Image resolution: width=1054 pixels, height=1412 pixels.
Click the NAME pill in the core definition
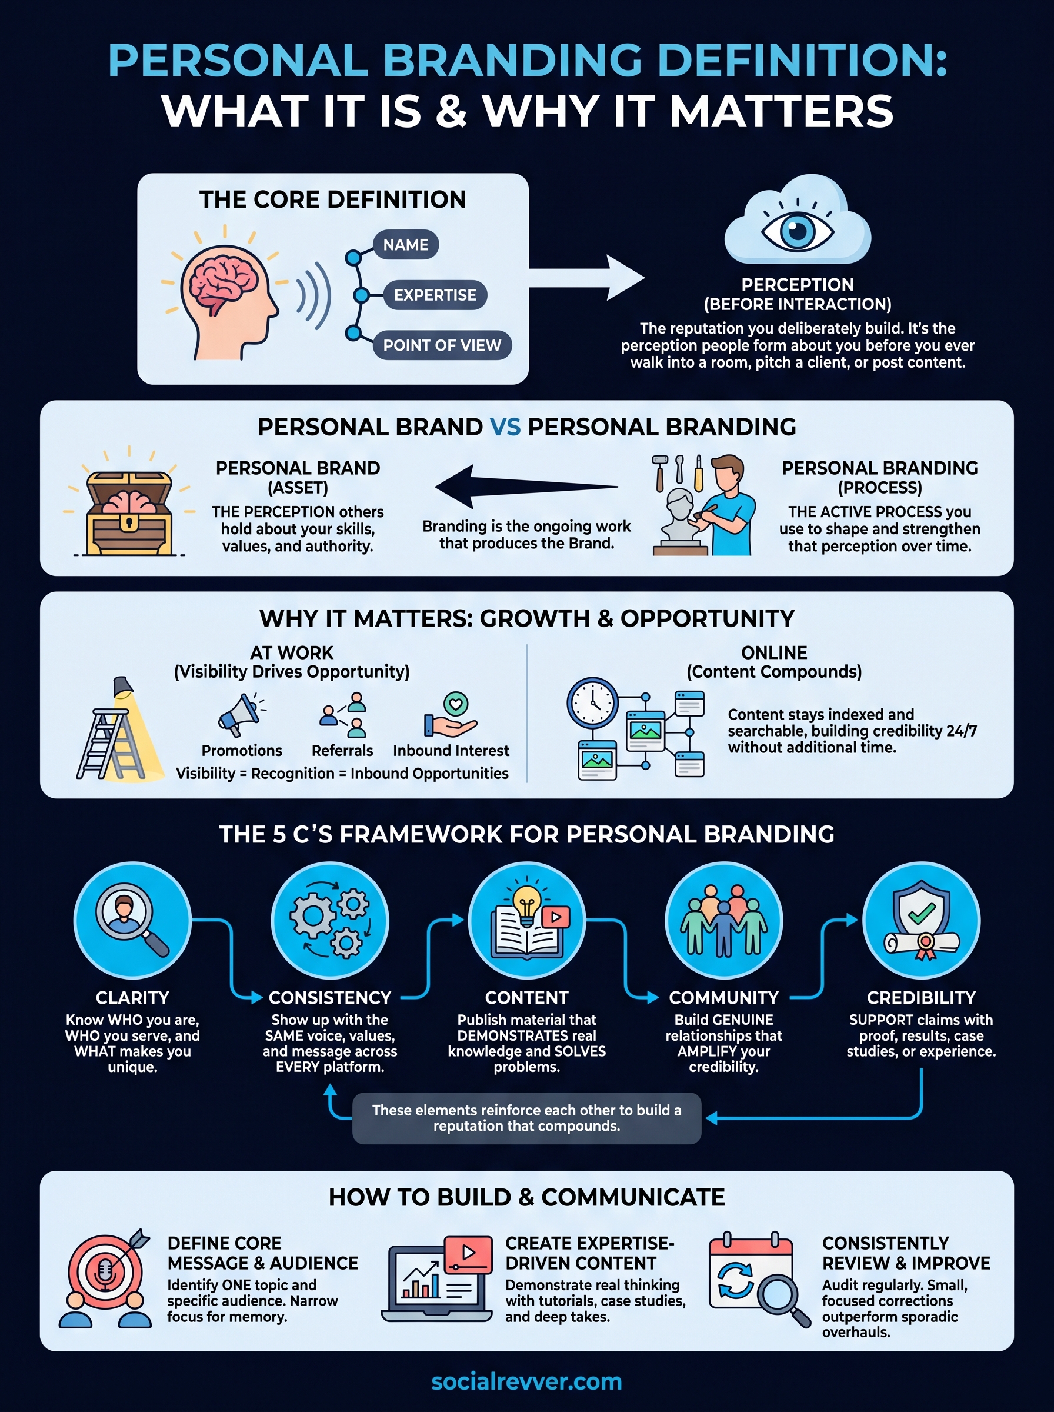(x=406, y=244)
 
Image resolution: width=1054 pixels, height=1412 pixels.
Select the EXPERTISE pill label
(x=435, y=295)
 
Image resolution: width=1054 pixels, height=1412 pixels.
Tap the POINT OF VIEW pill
(x=442, y=345)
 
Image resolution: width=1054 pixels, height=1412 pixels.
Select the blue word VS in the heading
(x=505, y=427)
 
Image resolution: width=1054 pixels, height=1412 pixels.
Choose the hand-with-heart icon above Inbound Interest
(x=451, y=716)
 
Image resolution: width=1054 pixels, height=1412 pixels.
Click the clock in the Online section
(x=592, y=702)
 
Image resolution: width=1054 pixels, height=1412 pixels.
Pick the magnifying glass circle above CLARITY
(x=132, y=920)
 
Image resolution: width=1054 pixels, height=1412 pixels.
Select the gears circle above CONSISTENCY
(x=330, y=920)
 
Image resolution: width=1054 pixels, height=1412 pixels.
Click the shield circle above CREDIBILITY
(x=921, y=920)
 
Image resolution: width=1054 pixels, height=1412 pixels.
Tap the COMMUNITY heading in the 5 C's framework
(x=723, y=997)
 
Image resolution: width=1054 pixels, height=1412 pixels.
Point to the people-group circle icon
(x=723, y=920)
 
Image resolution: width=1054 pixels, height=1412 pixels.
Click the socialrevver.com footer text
(x=526, y=1381)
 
